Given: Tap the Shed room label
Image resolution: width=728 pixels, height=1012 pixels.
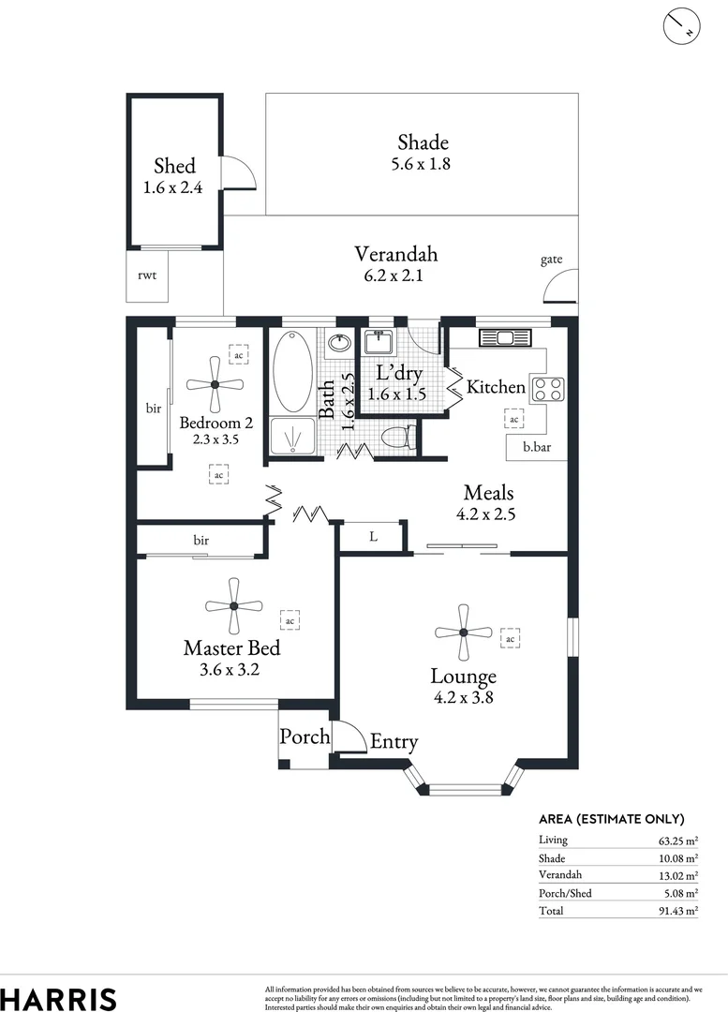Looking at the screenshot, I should [174, 166].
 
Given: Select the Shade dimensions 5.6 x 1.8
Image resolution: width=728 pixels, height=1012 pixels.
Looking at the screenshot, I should [422, 164].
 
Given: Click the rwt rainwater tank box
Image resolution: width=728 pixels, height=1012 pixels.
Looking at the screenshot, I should [147, 275].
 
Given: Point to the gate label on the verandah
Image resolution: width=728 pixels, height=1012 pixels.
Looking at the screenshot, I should [551, 260].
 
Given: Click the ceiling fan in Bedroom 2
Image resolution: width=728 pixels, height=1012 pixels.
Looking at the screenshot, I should [215, 384].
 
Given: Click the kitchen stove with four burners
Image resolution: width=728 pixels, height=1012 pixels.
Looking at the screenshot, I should [547, 389].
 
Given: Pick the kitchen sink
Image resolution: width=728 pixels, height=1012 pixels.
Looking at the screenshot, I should [504, 337].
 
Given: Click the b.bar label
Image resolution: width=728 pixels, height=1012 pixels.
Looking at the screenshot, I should [537, 448].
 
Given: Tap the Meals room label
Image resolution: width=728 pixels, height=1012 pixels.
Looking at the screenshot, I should [488, 493].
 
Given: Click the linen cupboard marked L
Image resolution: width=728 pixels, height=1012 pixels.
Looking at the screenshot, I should [372, 537].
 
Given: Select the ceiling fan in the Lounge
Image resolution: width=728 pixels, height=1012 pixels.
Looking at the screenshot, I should [463, 632].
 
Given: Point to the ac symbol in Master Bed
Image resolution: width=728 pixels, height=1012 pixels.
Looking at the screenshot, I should [290, 620].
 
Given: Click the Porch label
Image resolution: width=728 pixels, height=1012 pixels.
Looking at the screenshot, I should [305, 737].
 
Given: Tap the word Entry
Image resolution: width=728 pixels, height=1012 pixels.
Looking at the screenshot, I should [394, 742].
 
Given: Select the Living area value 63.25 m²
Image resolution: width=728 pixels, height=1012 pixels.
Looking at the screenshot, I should [677, 841].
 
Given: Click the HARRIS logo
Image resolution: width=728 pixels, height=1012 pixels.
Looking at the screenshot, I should [58, 998].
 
